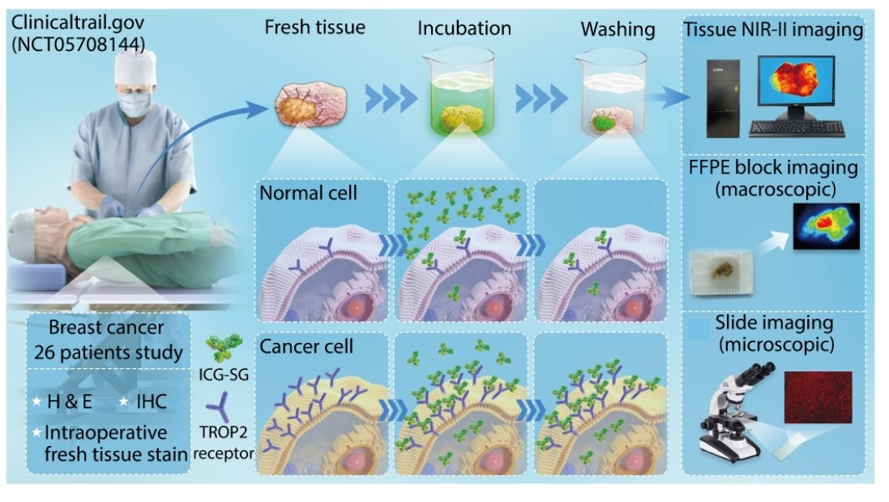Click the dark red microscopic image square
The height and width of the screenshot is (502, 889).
point(818,397)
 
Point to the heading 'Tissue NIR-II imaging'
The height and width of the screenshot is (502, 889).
point(773,31)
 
